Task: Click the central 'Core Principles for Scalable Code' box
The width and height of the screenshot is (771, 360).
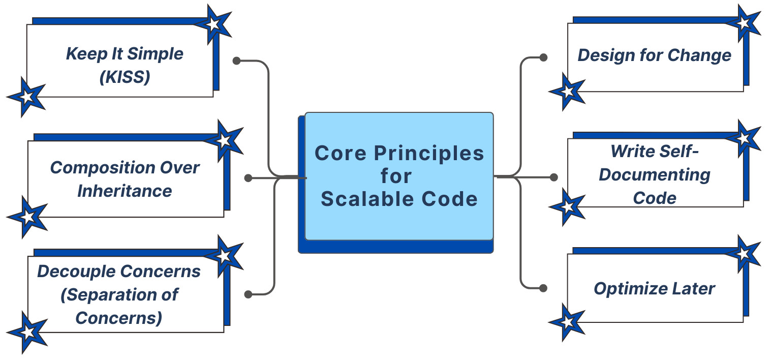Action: click(x=399, y=175)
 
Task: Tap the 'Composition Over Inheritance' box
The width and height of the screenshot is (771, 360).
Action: click(x=125, y=178)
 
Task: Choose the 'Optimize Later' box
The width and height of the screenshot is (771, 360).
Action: click(x=655, y=288)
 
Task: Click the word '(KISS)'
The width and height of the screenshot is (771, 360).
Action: click(x=125, y=77)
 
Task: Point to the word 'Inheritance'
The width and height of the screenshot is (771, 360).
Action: click(x=125, y=191)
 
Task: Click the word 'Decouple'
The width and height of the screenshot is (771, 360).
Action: click(x=73, y=271)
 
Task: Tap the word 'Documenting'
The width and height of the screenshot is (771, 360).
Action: click(x=655, y=174)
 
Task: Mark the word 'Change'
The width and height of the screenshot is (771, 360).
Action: click(x=706, y=55)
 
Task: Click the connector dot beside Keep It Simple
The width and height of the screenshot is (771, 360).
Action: click(x=236, y=61)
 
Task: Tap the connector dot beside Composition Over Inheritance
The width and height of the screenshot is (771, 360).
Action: click(x=248, y=178)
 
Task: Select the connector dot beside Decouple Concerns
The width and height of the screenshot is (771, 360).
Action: click(x=248, y=294)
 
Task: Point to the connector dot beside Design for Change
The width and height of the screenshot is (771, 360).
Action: click(x=543, y=57)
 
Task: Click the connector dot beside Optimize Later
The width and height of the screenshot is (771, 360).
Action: click(x=543, y=288)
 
